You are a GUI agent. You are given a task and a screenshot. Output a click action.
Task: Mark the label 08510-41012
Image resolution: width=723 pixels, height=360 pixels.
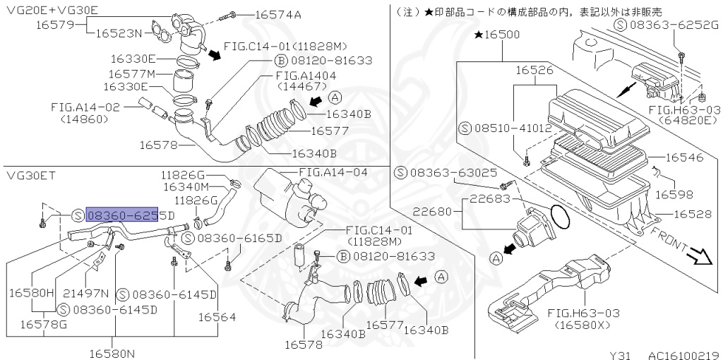(x=505, y=128)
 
